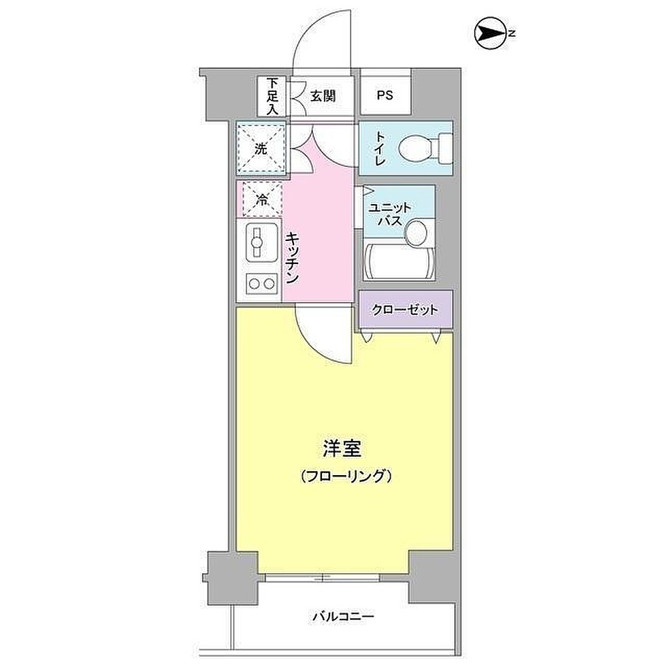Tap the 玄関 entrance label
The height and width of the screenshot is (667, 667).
coord(323,96)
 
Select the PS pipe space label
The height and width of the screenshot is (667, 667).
coord(385,96)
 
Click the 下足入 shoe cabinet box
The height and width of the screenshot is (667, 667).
coord(272,96)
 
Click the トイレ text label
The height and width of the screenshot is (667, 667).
coord(379,150)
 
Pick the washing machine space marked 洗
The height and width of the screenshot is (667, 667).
coord(261,148)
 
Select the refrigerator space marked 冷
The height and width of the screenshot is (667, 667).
coord(261,199)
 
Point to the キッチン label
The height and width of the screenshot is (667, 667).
coord(292,258)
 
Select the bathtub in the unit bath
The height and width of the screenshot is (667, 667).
coord(399,261)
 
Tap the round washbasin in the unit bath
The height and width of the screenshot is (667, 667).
coord(416,233)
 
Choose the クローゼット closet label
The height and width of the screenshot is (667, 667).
coord(405,310)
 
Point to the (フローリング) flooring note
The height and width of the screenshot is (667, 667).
coord(346,476)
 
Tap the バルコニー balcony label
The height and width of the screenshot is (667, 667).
coord(344,617)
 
